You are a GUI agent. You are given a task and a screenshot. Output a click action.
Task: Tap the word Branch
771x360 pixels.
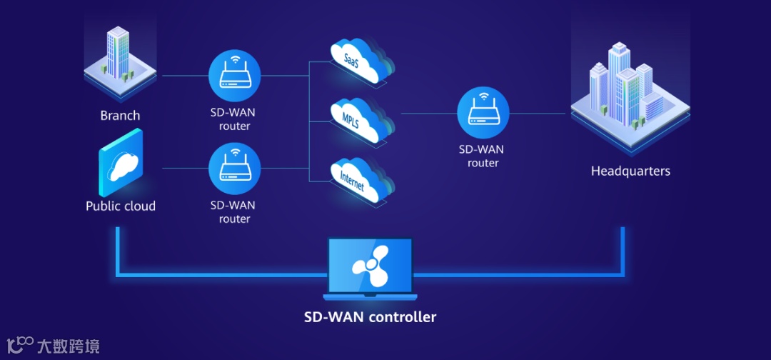click(x=120, y=116)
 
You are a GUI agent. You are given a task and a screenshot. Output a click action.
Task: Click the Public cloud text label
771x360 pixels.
click(x=121, y=206)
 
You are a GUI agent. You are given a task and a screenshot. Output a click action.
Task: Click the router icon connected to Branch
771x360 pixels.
click(x=235, y=75)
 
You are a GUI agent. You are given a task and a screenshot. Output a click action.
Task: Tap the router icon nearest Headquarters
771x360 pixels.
click(x=483, y=113)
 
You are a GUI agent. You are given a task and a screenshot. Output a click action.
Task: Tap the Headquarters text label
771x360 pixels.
click(x=630, y=171)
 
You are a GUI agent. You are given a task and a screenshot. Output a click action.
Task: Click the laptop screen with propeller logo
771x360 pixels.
click(x=370, y=265)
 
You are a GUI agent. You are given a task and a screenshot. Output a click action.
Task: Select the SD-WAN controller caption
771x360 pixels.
click(x=370, y=316)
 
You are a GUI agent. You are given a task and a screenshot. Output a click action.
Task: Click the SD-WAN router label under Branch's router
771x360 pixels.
click(x=235, y=119)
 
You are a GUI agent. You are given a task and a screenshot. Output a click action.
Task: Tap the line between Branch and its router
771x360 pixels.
click(x=184, y=75)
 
